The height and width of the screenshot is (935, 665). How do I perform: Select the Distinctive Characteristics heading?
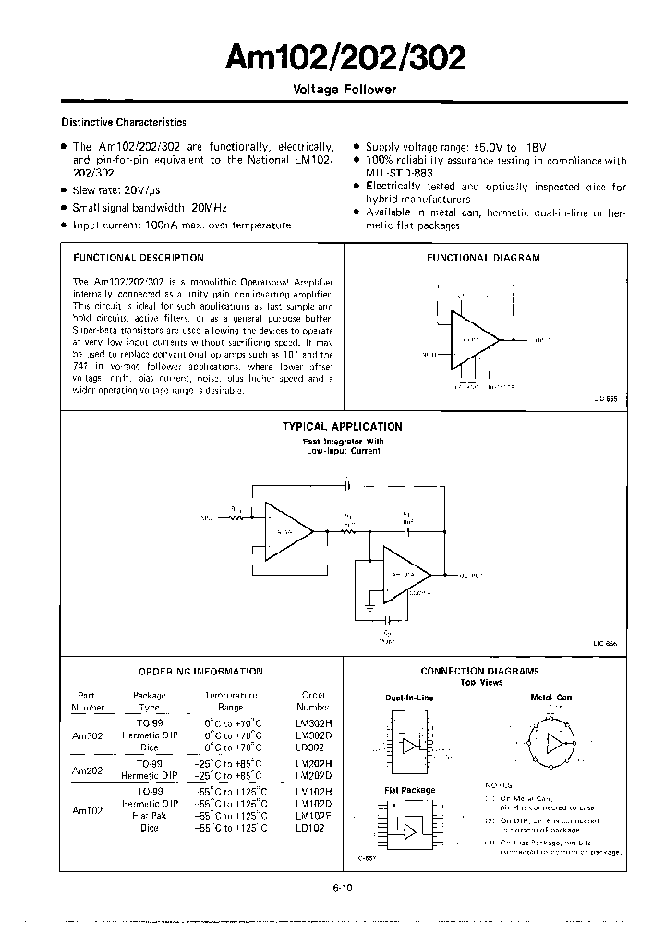coord(124,122)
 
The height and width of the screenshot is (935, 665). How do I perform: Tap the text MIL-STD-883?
coord(399,173)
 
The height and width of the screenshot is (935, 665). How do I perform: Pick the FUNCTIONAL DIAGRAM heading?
coord(482,258)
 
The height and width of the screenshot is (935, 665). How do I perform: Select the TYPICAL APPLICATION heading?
coord(342,427)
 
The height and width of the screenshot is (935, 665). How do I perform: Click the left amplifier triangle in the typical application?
coord(286,531)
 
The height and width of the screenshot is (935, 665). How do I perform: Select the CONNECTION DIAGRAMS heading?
coord(479,672)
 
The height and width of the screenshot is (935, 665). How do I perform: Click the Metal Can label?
coord(551,698)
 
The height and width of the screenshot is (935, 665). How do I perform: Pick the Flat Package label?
coord(409,791)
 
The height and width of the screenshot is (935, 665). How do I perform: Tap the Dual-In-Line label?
coord(410,698)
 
